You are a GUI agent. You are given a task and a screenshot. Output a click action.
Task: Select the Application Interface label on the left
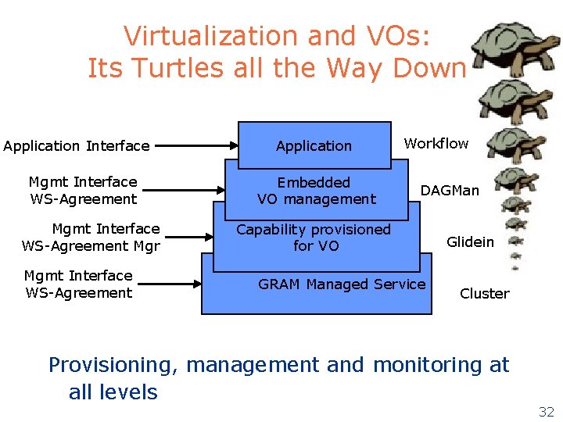[x=76, y=146]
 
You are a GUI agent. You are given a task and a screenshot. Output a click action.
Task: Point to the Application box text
[x=314, y=146]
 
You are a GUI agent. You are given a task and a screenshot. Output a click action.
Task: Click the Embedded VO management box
[x=316, y=191]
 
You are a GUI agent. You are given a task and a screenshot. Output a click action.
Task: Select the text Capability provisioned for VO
[x=314, y=238]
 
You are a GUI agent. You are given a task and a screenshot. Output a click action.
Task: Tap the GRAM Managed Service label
[x=342, y=284]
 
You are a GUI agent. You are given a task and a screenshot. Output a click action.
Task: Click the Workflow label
[x=436, y=143]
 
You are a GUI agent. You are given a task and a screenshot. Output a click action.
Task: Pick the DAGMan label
[x=450, y=190]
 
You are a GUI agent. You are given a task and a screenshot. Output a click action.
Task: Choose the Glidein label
[x=470, y=242]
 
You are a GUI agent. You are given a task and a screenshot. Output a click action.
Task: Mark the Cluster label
[x=484, y=294]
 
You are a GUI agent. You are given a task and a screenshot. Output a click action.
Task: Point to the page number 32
[x=546, y=412]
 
